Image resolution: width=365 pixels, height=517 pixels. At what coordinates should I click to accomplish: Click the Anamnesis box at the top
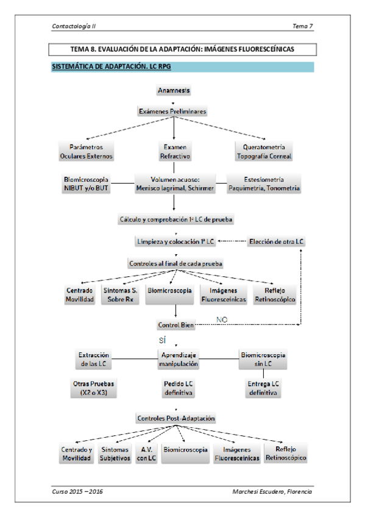pyautogui.click(x=174, y=91)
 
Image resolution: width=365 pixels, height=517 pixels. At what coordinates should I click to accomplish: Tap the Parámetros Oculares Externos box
pyautogui.click(x=86, y=151)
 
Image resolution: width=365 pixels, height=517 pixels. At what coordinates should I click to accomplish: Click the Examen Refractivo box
pyautogui.click(x=175, y=151)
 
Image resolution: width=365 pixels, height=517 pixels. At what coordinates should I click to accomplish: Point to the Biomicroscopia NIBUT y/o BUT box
pyautogui.click(x=86, y=184)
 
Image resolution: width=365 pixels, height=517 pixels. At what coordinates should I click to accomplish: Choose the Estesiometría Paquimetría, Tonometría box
pyautogui.click(x=264, y=184)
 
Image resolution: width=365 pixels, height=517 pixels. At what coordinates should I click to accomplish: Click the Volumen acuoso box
pyautogui.click(x=175, y=184)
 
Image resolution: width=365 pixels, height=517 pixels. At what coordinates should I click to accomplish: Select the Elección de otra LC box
pyautogui.click(x=276, y=241)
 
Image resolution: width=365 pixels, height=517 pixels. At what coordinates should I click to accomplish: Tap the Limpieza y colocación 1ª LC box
pyautogui.click(x=175, y=241)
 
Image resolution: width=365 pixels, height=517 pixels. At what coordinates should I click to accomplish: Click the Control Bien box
pyautogui.click(x=175, y=326)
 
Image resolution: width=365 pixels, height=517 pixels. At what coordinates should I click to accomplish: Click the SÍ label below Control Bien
pyautogui.click(x=161, y=340)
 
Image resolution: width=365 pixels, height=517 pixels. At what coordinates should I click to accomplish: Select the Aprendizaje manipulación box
pyautogui.click(x=178, y=359)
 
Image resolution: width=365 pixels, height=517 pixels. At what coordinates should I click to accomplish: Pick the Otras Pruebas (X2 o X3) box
pyautogui.click(x=93, y=388)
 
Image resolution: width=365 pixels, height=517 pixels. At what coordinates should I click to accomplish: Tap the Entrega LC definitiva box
pyautogui.click(x=263, y=388)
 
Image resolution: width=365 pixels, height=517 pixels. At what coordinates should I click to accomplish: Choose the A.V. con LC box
pyautogui.click(x=147, y=454)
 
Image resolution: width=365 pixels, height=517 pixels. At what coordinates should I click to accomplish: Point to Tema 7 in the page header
pyautogui.click(x=303, y=26)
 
